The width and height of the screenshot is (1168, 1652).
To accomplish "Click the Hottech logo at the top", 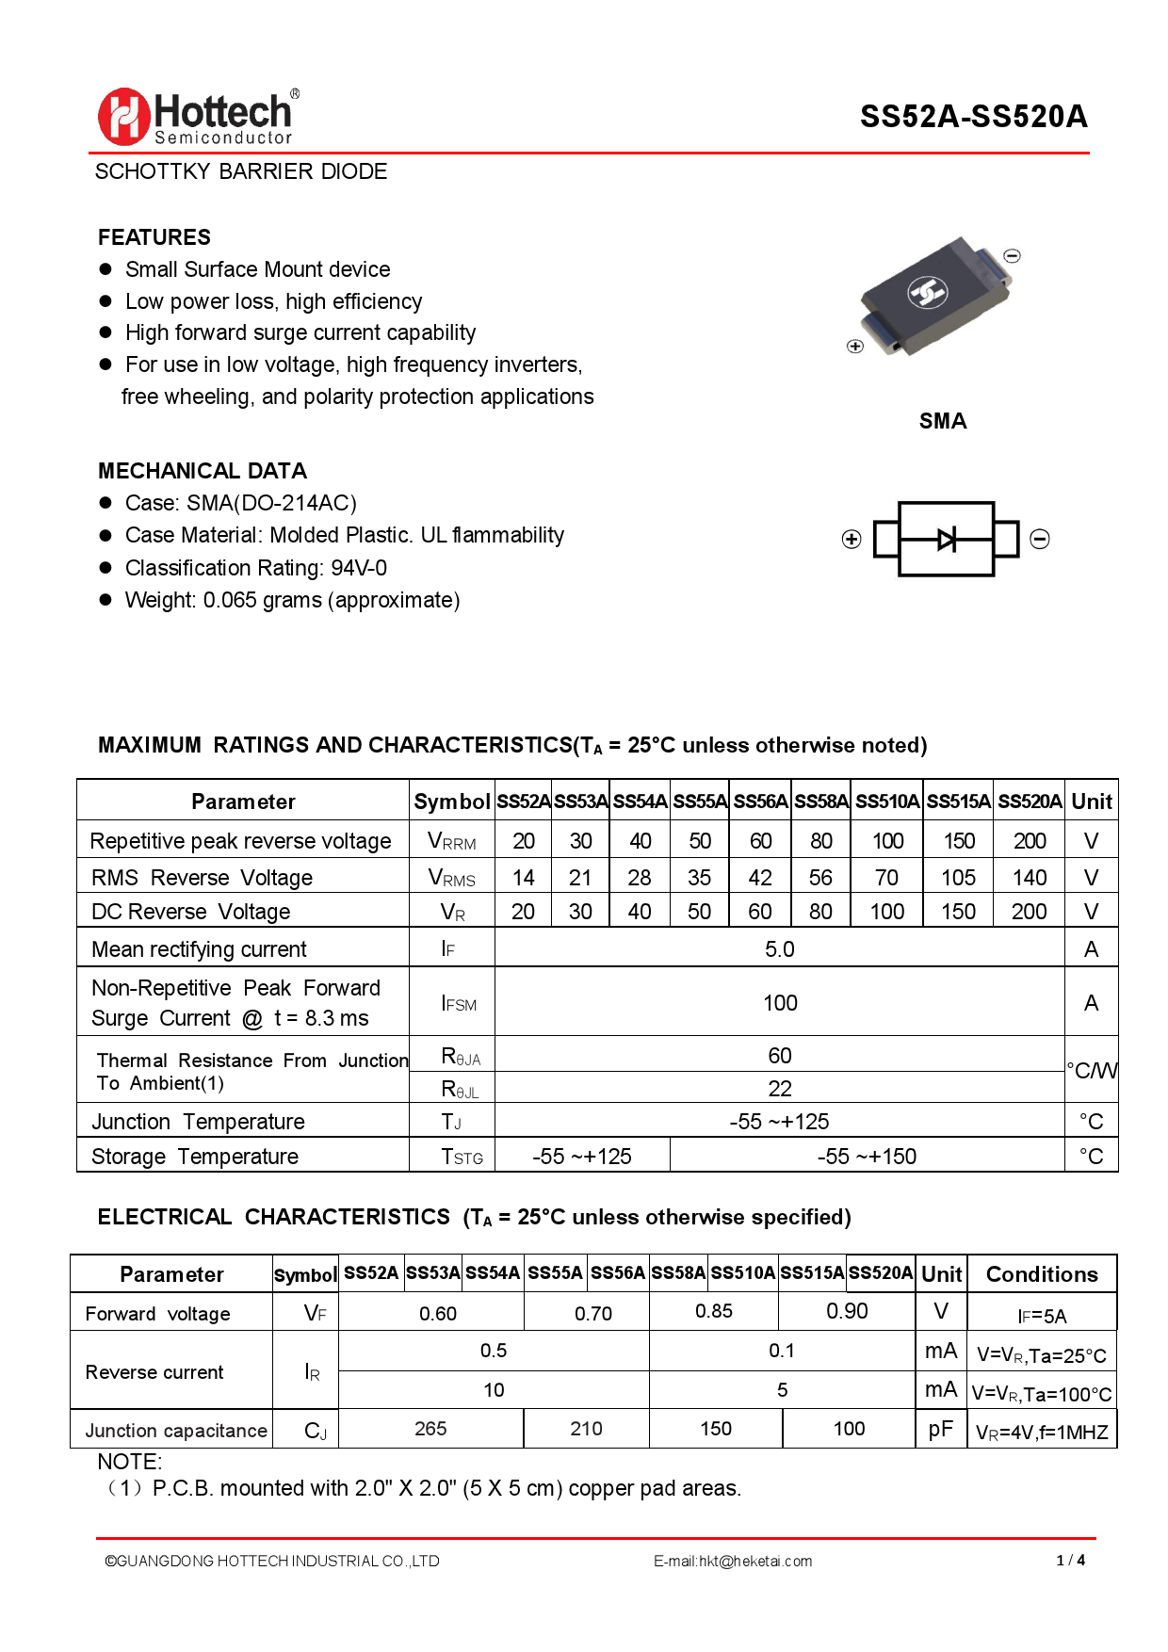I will tap(199, 117).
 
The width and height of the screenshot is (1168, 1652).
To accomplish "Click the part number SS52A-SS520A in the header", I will tap(973, 117).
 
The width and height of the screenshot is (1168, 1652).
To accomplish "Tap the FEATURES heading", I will tap(154, 237).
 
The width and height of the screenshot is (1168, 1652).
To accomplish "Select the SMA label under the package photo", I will tap(943, 421).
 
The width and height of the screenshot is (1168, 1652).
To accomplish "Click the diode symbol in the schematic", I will tap(947, 539).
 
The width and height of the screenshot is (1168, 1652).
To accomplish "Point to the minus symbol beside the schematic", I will tap(1040, 539).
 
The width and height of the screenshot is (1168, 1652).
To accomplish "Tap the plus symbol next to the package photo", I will tap(855, 347).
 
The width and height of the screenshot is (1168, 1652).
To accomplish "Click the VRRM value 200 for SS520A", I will tap(1030, 841).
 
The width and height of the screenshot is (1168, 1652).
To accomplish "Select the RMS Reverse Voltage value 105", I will tap(958, 878).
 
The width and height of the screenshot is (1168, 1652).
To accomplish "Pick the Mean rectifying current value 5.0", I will tap(780, 949).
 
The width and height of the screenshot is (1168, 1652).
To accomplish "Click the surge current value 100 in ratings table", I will tap(780, 1003).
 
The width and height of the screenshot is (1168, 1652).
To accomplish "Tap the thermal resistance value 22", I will tap(780, 1089).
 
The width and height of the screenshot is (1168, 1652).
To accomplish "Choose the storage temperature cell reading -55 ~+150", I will tap(867, 1157).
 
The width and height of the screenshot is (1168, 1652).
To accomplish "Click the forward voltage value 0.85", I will tap(713, 1311).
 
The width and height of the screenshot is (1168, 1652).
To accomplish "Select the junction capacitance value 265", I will tap(430, 1429).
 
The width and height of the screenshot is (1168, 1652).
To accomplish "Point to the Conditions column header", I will tap(1042, 1274).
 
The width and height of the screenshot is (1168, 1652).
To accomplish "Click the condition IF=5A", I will tap(1042, 1316).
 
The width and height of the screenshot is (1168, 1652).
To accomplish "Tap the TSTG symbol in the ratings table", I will tap(462, 1157).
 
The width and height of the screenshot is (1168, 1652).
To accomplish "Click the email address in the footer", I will tap(733, 1561).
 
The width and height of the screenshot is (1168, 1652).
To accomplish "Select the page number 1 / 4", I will tap(1071, 1560).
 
